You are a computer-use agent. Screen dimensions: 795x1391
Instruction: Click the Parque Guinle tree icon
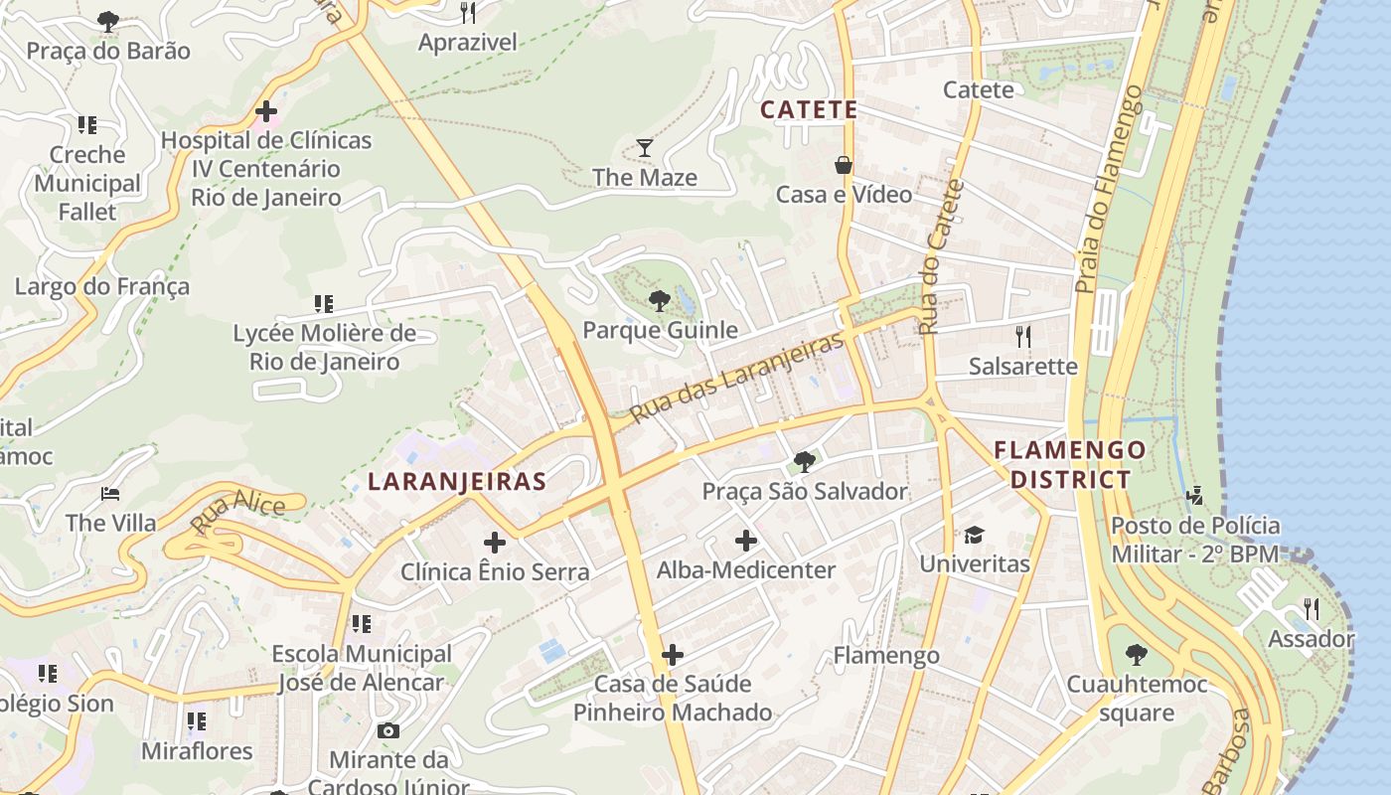tap(658, 300)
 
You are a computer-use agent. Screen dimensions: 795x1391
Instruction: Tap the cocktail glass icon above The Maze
tap(645, 148)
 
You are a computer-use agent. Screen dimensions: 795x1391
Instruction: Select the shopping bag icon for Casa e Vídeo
tap(844, 164)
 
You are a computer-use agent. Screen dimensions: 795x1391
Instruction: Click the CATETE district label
tap(808, 109)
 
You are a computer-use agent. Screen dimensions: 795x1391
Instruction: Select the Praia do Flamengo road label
tap(1110, 189)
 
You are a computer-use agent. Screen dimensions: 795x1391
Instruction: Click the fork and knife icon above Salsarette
tap(1022, 336)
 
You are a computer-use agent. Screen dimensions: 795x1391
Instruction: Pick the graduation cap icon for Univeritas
tap(974, 535)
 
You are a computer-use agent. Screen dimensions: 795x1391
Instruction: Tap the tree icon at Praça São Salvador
tap(804, 461)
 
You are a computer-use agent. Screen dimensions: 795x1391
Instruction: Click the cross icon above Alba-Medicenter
tap(745, 541)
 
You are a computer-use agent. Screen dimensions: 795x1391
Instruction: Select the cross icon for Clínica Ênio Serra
tap(494, 543)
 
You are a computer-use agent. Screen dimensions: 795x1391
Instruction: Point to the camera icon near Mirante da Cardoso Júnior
tap(388, 730)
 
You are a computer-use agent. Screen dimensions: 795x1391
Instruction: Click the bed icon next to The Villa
tap(110, 494)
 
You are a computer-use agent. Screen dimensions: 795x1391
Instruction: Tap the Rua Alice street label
tap(237, 514)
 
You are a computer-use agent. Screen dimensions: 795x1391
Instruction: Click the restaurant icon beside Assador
tap(1312, 608)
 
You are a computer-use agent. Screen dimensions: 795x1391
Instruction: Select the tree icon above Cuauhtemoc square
tap(1136, 654)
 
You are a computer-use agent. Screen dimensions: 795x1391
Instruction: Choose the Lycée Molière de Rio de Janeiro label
tap(324, 347)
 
